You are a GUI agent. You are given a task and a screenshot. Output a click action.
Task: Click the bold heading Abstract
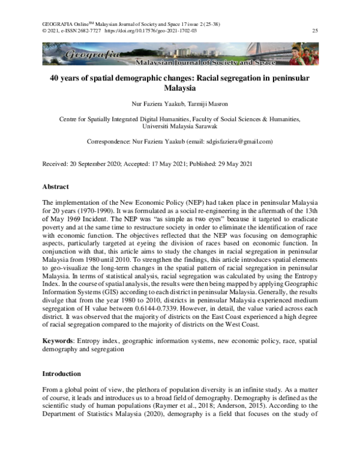click(x=55, y=187)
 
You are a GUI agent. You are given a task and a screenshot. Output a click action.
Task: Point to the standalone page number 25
click(x=315, y=30)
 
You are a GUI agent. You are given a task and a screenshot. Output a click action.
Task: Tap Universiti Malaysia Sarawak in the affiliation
click(x=179, y=127)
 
